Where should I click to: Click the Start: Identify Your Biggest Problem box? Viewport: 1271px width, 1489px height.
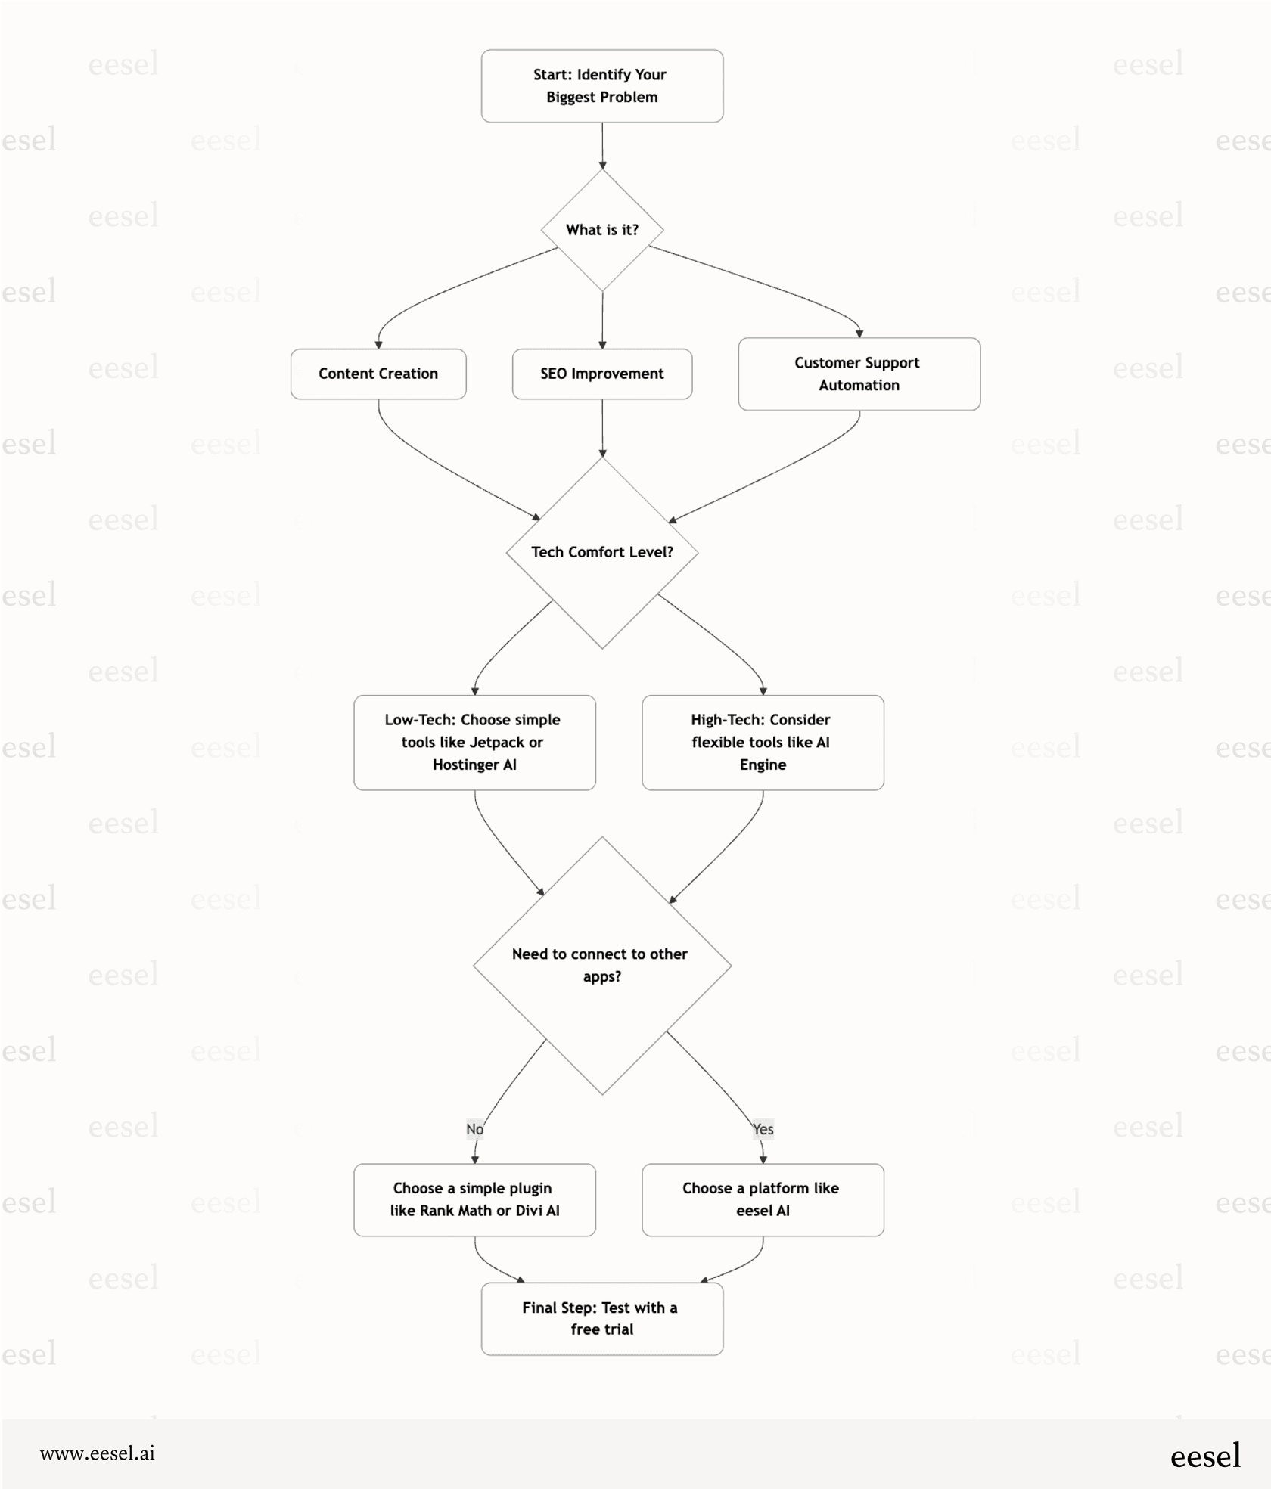click(601, 85)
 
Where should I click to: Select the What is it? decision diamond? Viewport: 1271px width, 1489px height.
click(601, 230)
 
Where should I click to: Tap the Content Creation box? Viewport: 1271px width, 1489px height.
click(378, 374)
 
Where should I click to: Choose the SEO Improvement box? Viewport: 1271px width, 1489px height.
click(601, 374)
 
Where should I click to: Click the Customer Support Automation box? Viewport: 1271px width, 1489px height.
click(859, 374)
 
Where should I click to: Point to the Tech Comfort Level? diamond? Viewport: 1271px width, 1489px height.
click(601, 552)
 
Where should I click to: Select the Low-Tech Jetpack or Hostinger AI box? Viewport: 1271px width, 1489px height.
click(474, 742)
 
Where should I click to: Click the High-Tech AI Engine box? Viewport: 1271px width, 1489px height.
click(762, 742)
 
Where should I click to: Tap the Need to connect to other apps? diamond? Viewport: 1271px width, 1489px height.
click(601, 965)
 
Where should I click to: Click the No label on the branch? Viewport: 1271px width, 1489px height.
click(474, 1129)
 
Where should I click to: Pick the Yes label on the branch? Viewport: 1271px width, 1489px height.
click(763, 1129)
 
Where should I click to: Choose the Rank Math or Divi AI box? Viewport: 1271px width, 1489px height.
click(474, 1199)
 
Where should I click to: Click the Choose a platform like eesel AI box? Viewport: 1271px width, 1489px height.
click(762, 1199)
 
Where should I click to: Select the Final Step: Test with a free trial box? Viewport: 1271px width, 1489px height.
click(601, 1318)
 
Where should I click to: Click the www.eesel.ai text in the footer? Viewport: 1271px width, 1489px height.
click(98, 1453)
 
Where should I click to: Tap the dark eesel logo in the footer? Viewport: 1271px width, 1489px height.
click(1204, 1456)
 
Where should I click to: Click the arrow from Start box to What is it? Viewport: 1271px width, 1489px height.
click(602, 145)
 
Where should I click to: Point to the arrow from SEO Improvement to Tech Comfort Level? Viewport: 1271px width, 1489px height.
click(602, 427)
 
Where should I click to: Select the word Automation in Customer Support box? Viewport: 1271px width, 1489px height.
click(859, 385)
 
